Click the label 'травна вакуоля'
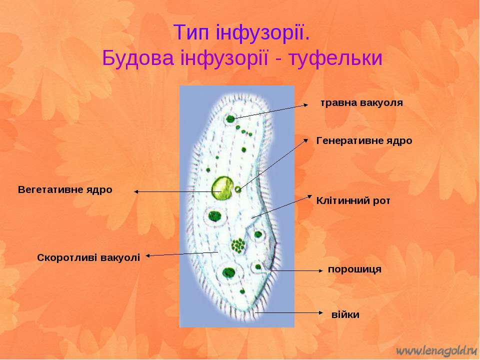pos(362,103)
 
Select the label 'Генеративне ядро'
pos(364,140)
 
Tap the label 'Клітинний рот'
pos(353,201)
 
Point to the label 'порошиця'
pos(354,269)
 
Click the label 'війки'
pos(345,314)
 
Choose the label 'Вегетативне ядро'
pos(65,190)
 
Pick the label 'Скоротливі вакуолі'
pos(88,258)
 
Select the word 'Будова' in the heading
pos(137,58)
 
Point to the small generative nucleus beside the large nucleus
pos(238,189)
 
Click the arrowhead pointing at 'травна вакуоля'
pos(306,104)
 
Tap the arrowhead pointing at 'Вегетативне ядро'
pos(136,191)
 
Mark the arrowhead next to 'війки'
pos(320,312)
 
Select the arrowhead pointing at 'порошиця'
pos(320,270)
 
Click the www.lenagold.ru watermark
pos(437,351)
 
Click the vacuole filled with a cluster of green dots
pos(238,245)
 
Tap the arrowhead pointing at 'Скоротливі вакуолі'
pos(148,256)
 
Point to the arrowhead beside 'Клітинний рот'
pos(309,196)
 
